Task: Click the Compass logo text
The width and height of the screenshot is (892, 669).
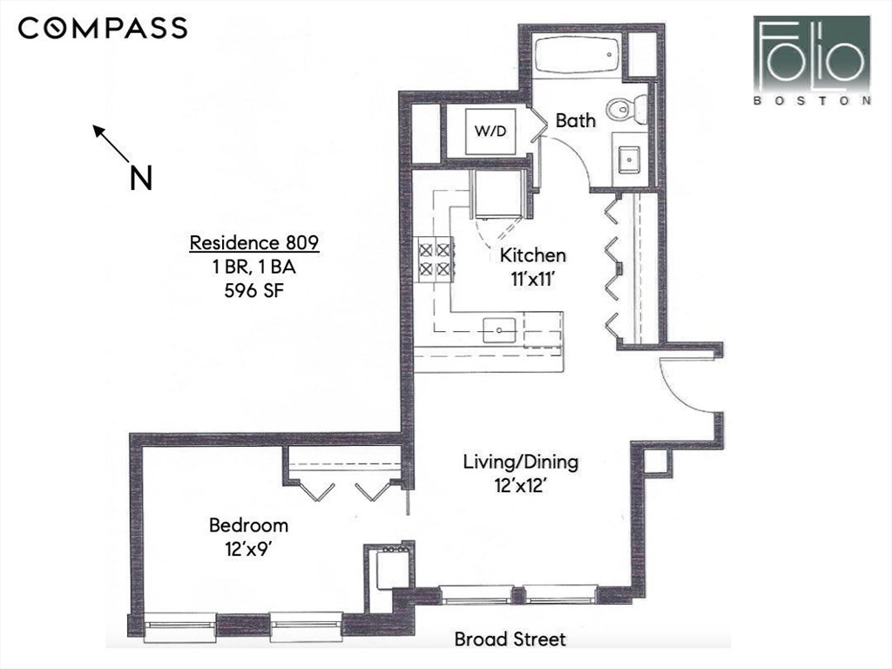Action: (103, 28)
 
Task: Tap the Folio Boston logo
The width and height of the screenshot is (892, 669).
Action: (813, 60)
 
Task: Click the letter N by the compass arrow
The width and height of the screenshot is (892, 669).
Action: (140, 178)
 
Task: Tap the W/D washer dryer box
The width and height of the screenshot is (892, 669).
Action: (490, 131)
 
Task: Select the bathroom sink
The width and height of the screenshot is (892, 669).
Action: (628, 159)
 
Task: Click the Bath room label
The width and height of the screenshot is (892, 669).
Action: (576, 120)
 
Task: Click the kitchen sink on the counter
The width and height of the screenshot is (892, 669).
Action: (499, 329)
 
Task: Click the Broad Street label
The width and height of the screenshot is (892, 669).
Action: (510, 639)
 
